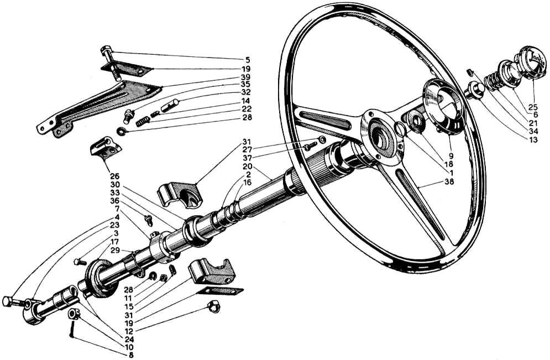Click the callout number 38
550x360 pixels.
449,182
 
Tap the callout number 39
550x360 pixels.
246,77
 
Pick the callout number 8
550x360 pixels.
131,354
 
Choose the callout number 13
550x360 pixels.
533,140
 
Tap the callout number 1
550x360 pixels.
452,173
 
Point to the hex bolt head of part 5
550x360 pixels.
106,51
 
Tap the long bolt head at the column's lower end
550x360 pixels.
7,301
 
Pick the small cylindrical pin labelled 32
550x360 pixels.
170,105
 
